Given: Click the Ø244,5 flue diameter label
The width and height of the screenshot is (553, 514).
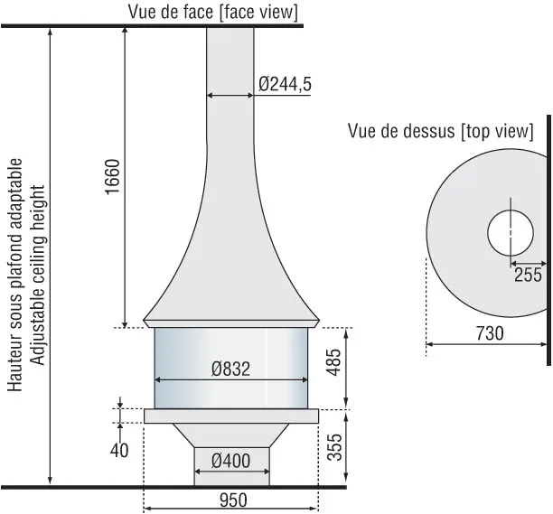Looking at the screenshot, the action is (x=285, y=84).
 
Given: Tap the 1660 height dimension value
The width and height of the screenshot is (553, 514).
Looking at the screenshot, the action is (x=113, y=177).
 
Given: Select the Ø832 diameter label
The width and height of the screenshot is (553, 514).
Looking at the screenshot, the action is (x=231, y=369).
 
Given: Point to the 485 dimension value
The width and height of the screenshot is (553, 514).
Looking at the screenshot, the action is (x=333, y=363).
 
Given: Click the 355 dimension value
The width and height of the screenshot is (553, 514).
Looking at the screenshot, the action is (x=334, y=447).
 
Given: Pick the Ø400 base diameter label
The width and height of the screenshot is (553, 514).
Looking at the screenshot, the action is (x=231, y=461).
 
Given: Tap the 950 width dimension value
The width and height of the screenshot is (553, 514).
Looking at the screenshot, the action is (x=233, y=500).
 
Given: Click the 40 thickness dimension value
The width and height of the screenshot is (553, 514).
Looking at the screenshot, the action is (x=119, y=451).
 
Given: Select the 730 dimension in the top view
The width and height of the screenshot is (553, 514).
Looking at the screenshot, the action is (x=490, y=333).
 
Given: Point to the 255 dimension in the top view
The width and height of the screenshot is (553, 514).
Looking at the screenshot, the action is (x=528, y=275).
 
